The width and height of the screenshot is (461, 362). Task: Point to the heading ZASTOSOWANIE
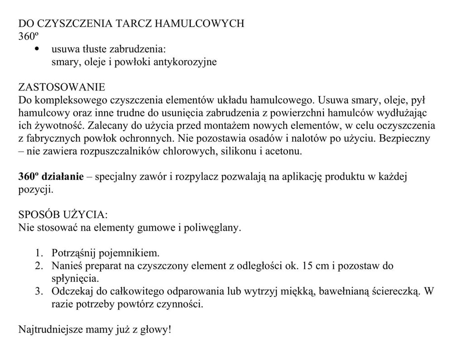click(62, 87)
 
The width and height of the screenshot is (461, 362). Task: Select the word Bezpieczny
click(404, 138)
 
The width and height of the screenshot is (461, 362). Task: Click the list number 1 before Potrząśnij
click(39, 253)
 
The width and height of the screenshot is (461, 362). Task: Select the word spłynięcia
click(75, 278)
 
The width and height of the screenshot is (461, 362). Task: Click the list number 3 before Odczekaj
click(39, 291)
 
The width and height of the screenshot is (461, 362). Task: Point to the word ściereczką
click(394, 291)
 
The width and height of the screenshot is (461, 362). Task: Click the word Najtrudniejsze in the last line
click(50, 329)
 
